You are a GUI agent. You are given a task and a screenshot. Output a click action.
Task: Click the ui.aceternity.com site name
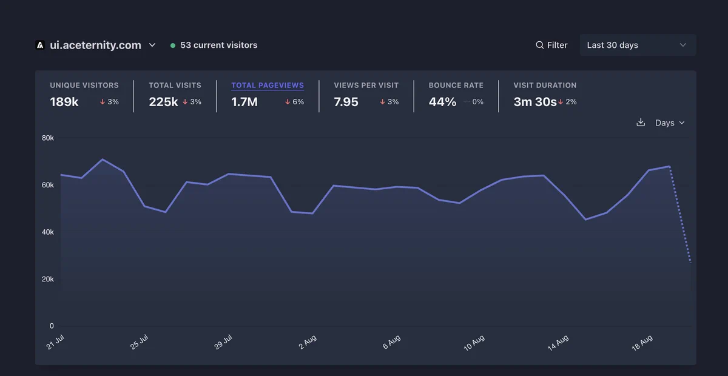click(x=95, y=45)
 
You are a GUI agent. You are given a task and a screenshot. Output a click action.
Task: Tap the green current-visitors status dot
click(x=173, y=45)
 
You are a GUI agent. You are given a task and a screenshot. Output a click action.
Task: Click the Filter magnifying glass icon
click(x=539, y=45)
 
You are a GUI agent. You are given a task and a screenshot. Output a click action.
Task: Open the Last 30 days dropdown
click(x=638, y=45)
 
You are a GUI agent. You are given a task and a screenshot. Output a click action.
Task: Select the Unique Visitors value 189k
click(x=64, y=102)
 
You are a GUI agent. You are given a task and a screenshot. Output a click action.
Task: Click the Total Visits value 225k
click(x=163, y=102)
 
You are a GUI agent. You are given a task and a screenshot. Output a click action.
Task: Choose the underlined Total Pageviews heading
click(x=268, y=85)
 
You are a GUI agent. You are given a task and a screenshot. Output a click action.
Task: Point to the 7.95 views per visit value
click(x=346, y=102)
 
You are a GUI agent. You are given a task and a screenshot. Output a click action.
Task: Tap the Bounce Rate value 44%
click(x=442, y=102)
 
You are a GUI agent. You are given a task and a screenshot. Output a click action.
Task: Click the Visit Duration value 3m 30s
click(x=535, y=102)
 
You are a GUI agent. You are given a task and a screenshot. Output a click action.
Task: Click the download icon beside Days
click(x=641, y=122)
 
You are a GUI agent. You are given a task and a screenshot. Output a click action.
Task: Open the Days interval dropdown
click(x=670, y=123)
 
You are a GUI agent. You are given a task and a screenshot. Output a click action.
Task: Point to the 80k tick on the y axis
click(x=48, y=138)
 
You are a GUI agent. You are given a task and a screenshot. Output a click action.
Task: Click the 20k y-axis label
click(x=48, y=279)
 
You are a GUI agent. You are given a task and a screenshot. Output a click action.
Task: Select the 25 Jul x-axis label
click(x=139, y=341)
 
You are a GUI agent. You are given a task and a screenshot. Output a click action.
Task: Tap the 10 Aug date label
click(x=474, y=343)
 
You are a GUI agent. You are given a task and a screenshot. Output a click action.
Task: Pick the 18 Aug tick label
click(x=642, y=343)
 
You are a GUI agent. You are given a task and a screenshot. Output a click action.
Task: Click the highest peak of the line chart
click(x=103, y=159)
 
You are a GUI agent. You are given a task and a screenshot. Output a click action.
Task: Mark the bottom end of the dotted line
click(x=690, y=262)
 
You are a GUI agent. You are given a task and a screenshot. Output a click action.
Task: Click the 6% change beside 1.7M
click(x=294, y=102)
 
